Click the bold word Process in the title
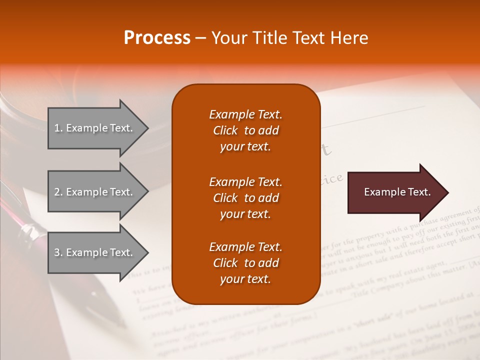coord(157,38)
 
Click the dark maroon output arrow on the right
coord(395,192)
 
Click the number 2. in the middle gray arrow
coord(58,192)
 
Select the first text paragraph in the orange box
coord(245,130)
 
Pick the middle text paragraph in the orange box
coord(245,198)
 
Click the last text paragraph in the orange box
coord(245,263)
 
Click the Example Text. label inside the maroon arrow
coord(397,192)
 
